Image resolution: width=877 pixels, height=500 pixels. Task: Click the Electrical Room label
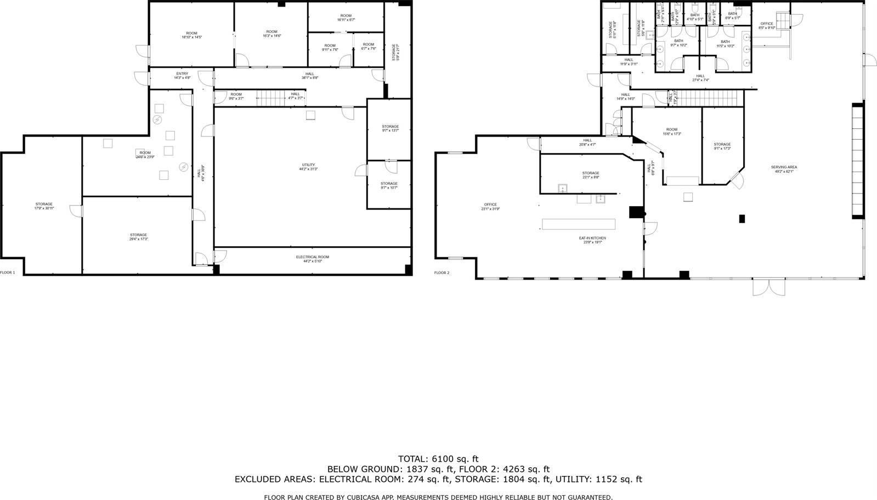click(x=313, y=259)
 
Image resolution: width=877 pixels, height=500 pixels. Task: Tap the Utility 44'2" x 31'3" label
click(x=309, y=167)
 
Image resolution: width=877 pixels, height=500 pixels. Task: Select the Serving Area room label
click(x=784, y=169)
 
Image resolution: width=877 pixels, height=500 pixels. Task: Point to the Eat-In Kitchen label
click(x=592, y=240)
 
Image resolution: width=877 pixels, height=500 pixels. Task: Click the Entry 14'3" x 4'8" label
click(x=182, y=76)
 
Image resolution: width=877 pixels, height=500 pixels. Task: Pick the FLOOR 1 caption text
click(x=8, y=272)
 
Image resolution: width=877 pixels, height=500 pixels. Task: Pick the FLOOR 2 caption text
click(x=442, y=272)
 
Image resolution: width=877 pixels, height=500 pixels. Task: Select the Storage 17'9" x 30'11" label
click(x=44, y=206)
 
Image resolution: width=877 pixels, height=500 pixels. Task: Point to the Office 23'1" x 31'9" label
click(x=490, y=206)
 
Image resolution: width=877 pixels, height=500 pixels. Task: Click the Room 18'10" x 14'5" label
click(x=191, y=35)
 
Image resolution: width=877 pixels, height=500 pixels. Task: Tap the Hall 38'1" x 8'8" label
click(x=310, y=76)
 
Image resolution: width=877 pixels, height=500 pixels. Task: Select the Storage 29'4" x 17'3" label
click(x=138, y=237)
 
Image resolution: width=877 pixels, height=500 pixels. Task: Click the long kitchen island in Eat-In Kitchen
click(x=578, y=224)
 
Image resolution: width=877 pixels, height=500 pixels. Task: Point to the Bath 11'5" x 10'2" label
click(x=725, y=43)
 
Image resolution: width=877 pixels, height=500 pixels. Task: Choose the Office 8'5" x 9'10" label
click(x=766, y=25)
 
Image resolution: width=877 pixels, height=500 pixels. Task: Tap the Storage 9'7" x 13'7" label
click(x=390, y=128)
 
